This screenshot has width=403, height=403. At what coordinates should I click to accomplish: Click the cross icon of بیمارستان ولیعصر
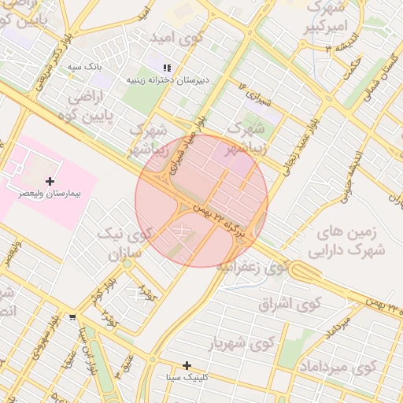(x=50, y=181)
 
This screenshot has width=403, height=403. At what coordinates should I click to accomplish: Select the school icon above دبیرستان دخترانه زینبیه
(x=166, y=68)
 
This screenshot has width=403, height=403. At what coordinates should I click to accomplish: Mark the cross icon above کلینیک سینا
(x=187, y=365)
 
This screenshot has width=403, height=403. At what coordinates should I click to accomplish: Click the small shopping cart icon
(x=73, y=316)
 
